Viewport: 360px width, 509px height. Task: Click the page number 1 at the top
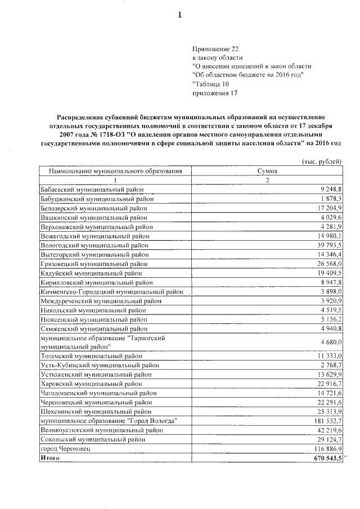pos(180,15)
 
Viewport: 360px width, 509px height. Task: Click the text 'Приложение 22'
pos(216,49)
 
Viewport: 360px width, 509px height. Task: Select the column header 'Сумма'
pos(267,170)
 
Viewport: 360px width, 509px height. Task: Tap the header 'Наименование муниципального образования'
pos(116,170)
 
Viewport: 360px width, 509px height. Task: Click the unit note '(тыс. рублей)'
pos(322,161)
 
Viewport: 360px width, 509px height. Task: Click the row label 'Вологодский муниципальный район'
pos(95,246)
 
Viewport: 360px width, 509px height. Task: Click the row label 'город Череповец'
pos(65,449)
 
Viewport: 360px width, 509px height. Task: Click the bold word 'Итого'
pos(51,458)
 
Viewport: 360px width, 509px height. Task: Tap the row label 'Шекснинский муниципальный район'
pos(95,411)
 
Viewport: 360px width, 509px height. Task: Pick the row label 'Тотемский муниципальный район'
pos(92,355)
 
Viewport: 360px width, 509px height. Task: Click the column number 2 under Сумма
pos(267,180)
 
